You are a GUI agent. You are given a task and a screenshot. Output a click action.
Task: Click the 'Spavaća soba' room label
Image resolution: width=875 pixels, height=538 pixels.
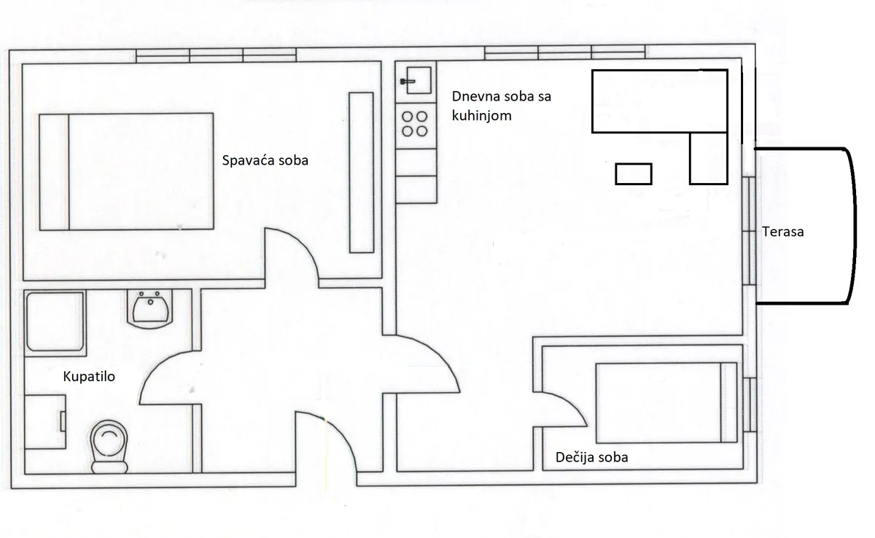tap(265, 160)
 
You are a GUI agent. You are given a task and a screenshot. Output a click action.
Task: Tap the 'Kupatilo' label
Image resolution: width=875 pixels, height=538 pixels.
tap(89, 377)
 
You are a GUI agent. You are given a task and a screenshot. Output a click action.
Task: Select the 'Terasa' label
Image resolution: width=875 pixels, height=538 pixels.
tap(783, 232)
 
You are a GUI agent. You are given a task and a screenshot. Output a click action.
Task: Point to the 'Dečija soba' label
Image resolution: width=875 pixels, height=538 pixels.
tap(592, 457)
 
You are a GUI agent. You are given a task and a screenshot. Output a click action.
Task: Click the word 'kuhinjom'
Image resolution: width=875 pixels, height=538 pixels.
tap(482, 116)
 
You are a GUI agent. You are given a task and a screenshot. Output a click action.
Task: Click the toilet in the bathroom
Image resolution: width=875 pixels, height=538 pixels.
tap(109, 447)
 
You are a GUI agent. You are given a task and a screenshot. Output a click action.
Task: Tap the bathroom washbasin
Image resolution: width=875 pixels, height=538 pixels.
tap(150, 308)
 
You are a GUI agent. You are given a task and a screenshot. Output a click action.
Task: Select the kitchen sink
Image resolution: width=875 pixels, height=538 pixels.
tap(419, 80)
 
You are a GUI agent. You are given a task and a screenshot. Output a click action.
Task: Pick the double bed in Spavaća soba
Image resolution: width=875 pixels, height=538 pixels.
tap(126, 172)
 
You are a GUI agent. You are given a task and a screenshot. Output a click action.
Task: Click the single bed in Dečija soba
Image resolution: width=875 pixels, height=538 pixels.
tap(666, 402)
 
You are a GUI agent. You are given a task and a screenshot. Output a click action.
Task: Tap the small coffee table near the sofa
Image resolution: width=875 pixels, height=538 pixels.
tap(634, 174)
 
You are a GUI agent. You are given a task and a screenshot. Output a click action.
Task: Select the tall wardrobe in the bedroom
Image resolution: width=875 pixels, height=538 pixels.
tap(362, 173)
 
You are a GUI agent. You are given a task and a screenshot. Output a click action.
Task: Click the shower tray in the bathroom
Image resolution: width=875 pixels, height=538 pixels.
tap(55, 323)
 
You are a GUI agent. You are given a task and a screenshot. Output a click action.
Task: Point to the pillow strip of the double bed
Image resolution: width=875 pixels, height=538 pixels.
tap(54, 172)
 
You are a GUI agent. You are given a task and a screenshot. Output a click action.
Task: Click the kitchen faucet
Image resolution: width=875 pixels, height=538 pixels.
tap(408, 82)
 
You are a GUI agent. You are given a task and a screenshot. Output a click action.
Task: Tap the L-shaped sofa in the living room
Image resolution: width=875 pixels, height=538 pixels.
tap(660, 101)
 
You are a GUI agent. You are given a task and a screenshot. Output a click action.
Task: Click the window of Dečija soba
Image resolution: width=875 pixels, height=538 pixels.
tap(750, 405)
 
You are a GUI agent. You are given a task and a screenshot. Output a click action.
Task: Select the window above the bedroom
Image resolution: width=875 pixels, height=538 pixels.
tap(216, 55)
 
